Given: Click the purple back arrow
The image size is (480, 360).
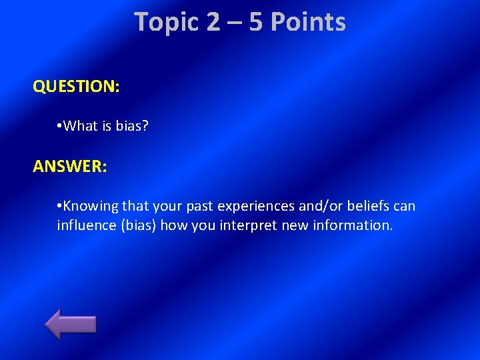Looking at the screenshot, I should [x=71, y=324].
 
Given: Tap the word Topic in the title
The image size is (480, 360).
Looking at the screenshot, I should [x=167, y=22].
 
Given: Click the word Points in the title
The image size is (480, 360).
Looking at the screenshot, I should [x=307, y=22].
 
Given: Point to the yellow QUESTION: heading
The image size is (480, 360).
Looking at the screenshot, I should [x=76, y=87].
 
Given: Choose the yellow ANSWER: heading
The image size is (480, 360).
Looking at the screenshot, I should [x=69, y=166].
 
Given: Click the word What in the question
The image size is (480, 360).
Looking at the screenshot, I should [x=82, y=125].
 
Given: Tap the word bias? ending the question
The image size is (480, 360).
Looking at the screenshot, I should [x=130, y=125].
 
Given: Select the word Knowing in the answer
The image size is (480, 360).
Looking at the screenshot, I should [x=91, y=206].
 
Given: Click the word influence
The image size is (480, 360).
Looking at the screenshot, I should [x=86, y=225].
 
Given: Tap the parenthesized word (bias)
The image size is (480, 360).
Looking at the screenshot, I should [x=137, y=225].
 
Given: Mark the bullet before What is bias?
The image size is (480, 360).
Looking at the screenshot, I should [x=60, y=125].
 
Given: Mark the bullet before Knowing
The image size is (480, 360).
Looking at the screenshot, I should [x=60, y=206].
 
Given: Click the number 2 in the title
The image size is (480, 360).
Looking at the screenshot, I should [x=213, y=22].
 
